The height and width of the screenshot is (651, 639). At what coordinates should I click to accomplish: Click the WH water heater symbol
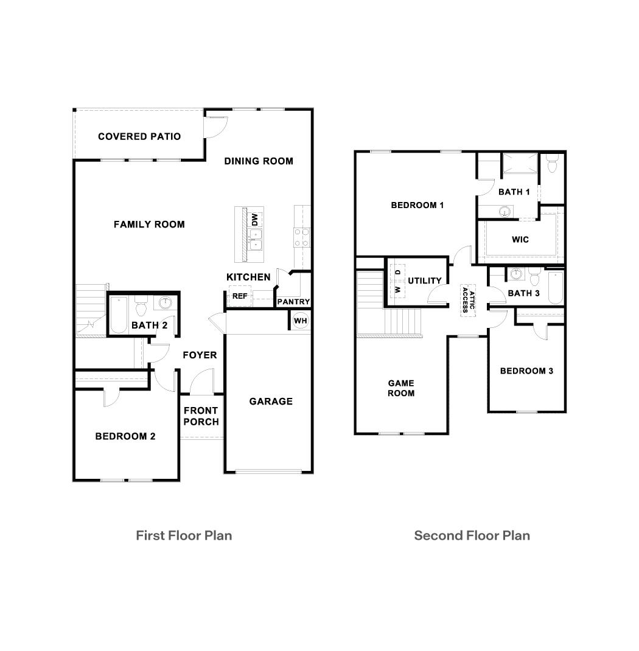tap(300, 321)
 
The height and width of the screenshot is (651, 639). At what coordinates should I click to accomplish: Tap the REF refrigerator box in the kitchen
tap(239, 297)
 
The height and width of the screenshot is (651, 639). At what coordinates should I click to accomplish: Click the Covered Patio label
tap(139, 136)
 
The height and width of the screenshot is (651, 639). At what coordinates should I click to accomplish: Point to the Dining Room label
tap(259, 161)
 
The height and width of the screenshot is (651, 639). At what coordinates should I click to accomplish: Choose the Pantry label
tap(293, 302)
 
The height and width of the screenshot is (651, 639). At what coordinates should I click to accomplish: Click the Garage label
tap(271, 402)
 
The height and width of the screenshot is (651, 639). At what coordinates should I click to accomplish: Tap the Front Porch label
tap(201, 416)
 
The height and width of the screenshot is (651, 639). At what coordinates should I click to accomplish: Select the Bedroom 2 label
tap(125, 436)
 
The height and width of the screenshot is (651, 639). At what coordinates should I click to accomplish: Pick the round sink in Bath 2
tap(166, 302)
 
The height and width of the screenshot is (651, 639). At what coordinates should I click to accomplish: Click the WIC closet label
tap(520, 240)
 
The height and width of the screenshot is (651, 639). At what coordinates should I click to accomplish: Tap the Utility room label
tap(425, 280)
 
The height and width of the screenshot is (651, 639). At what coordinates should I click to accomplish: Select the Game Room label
tap(401, 388)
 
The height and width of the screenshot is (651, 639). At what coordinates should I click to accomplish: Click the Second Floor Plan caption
tap(472, 535)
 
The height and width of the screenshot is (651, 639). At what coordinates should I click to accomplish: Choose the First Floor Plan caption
tap(184, 535)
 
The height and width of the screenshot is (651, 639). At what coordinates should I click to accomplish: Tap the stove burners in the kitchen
tap(302, 237)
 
